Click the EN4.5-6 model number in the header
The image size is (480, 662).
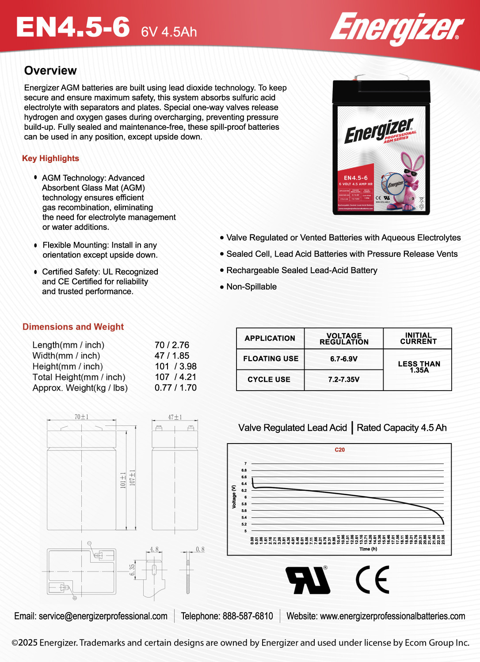click(x=73, y=27)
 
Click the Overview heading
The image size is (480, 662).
click(x=50, y=71)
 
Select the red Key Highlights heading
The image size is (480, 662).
click(x=50, y=158)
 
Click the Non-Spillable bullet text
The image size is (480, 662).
click(x=251, y=287)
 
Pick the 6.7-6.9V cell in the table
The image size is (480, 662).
click(x=343, y=359)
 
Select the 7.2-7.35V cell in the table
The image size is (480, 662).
click(x=343, y=380)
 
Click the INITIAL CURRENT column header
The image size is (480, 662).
click(x=418, y=339)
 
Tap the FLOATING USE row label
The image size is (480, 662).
click(x=270, y=359)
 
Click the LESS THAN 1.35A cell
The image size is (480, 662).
click(x=419, y=367)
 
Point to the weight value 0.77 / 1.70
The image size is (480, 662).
click(x=175, y=388)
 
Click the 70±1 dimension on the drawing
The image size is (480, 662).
click(x=81, y=417)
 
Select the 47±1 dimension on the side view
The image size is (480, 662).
click(x=175, y=417)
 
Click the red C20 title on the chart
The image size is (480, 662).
click(x=339, y=450)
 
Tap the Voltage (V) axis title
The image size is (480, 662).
click(x=234, y=497)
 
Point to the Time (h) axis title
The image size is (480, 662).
click(x=368, y=549)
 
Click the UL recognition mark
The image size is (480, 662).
click(x=308, y=580)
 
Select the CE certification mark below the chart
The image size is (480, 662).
click(x=373, y=580)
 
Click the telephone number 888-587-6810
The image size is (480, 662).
click(x=227, y=616)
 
